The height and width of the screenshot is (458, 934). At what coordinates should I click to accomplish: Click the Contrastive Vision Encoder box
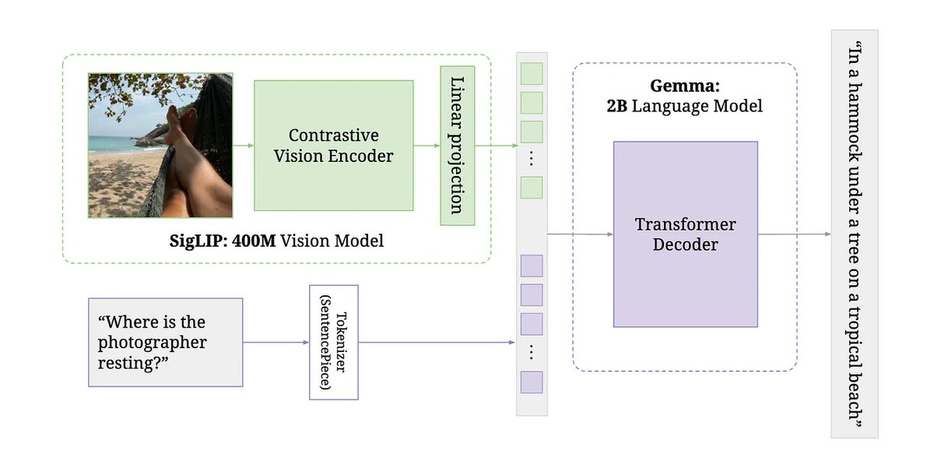[334, 146]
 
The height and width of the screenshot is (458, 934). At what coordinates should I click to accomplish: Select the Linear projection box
[458, 146]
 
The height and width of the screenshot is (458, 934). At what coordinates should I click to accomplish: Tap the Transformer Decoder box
[686, 234]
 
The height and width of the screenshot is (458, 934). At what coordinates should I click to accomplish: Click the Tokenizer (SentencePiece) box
[334, 343]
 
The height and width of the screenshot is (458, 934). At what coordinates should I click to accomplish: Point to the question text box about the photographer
[166, 343]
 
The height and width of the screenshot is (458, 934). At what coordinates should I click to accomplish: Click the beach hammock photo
[160, 146]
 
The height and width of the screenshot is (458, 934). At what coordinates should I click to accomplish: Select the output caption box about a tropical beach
[855, 234]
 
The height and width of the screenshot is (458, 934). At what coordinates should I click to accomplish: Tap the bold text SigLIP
[198, 241]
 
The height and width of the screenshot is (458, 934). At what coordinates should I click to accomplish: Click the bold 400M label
[254, 241]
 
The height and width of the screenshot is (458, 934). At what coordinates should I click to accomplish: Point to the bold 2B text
[617, 106]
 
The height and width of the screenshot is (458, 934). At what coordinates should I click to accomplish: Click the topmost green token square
[532, 74]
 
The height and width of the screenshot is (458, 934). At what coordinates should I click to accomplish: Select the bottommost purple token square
[532, 382]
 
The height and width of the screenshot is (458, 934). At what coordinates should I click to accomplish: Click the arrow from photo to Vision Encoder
[244, 146]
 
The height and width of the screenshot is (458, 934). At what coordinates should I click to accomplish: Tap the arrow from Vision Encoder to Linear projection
[427, 146]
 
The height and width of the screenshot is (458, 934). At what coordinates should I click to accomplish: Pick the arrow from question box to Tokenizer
[276, 343]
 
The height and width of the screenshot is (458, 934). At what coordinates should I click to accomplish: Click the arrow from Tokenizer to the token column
[437, 343]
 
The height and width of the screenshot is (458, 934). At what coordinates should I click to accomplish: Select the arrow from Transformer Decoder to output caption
[795, 234]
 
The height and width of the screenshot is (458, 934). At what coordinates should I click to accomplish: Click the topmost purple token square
[532, 266]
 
